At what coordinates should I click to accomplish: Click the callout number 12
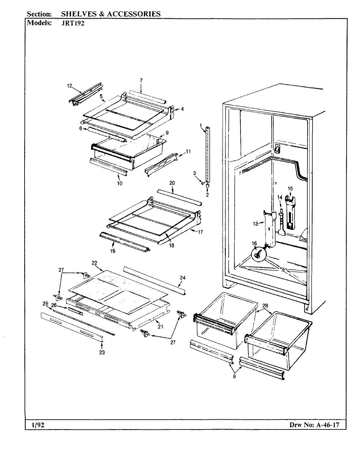point(69,86)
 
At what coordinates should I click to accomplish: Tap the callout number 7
point(141,80)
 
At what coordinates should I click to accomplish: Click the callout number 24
point(183,278)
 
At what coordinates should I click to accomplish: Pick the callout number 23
point(102,352)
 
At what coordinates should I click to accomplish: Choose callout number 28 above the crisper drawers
point(265,305)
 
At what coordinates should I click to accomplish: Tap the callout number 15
point(290,188)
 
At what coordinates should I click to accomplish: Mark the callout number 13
point(255,224)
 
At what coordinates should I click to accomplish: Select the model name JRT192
point(74,23)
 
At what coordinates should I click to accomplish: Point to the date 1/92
point(34,425)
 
